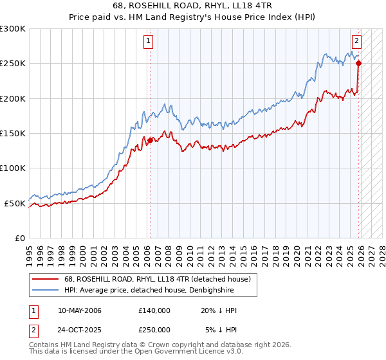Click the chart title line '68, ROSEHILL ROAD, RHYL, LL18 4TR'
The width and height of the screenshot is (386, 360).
pos(192,6)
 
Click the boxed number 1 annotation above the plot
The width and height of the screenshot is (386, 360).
pos(149,41)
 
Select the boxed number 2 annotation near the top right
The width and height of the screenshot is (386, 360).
pos(356,41)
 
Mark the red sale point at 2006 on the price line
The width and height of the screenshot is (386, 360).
pos(150,140)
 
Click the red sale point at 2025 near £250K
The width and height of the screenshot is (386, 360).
pos(358,63)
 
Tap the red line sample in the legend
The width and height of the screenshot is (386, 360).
pos(46,279)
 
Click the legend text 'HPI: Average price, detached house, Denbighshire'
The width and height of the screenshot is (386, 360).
pos(149,290)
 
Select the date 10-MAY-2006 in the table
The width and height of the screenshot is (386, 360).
pos(80,310)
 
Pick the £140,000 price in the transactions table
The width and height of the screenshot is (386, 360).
pos(154,310)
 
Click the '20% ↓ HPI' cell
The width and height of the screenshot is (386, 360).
pos(218,310)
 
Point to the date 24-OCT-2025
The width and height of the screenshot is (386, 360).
pos(80,329)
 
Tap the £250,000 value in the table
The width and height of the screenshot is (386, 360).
pos(154,329)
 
